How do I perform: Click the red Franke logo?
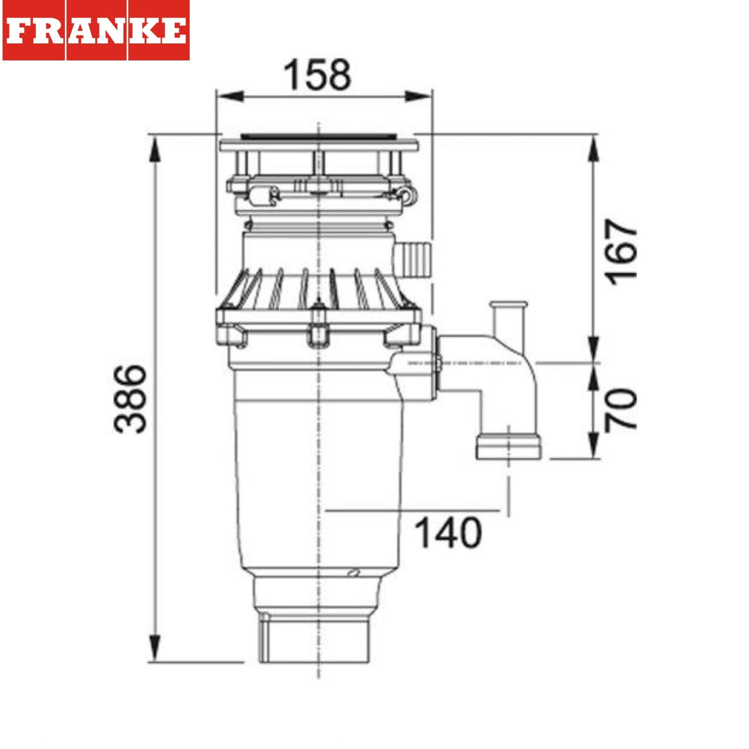point(96,30)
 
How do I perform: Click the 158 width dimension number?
point(318,75)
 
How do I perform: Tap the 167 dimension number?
point(621,252)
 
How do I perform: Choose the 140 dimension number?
point(448,533)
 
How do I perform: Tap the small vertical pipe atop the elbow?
point(508,320)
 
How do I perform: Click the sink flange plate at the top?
point(319,145)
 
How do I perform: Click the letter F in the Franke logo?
point(18,31)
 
